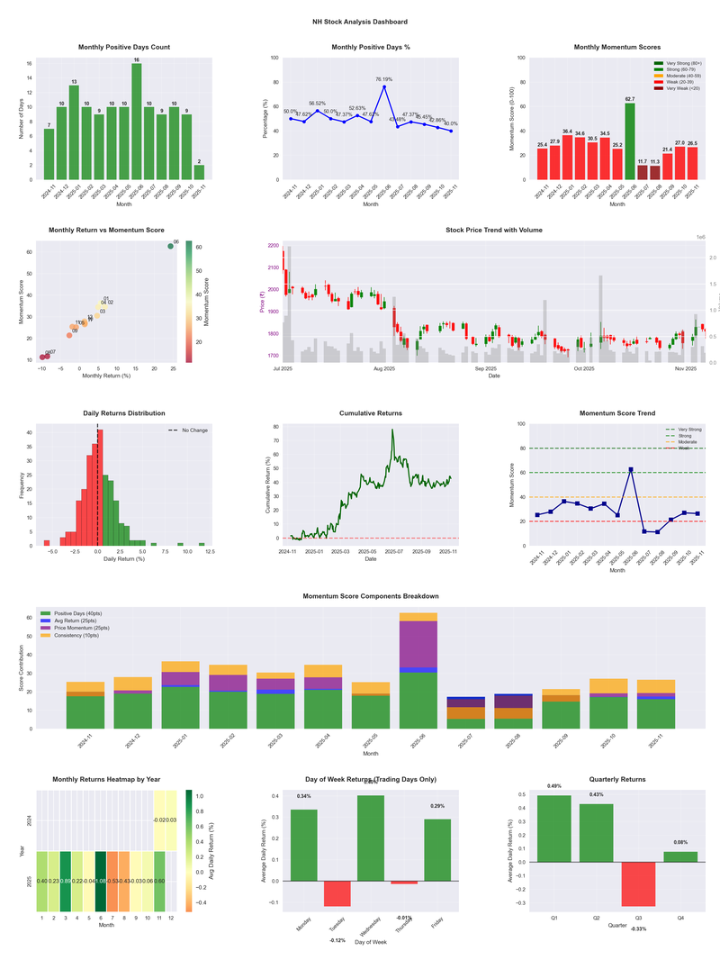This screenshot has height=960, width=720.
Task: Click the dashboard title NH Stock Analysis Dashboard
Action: point(359,22)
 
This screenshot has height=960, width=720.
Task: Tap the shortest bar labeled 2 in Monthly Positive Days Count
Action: point(199,172)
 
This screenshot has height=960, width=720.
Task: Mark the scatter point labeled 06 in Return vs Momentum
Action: point(170,246)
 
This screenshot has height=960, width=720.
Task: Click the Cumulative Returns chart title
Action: point(371,413)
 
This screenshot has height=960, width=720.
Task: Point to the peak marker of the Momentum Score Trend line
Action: point(630,469)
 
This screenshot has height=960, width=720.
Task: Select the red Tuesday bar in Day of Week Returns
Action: point(337,893)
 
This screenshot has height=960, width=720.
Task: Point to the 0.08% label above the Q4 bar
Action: point(681,842)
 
